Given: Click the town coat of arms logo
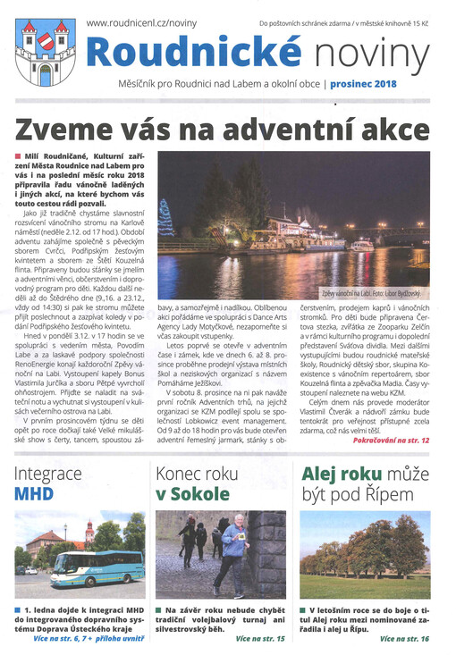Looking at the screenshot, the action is (45, 52).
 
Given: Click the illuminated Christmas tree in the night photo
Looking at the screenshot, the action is (166, 218).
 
